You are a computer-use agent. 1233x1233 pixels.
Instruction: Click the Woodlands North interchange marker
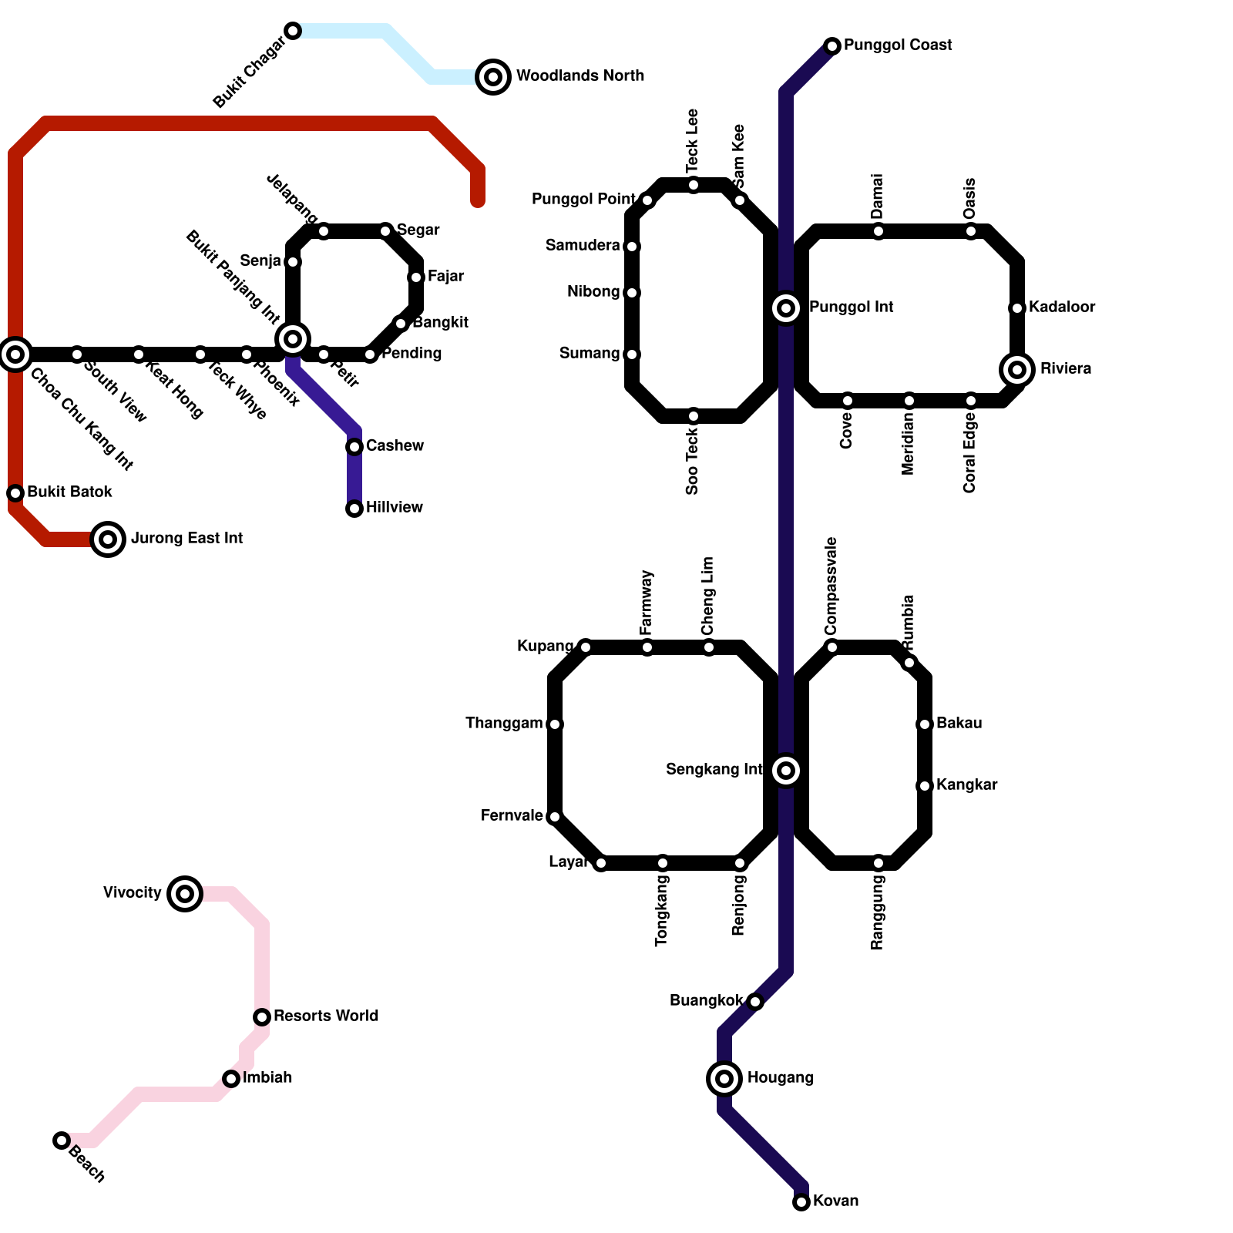493,76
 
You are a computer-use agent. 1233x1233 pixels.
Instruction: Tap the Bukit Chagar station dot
293,31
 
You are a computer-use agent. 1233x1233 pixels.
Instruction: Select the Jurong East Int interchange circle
108,539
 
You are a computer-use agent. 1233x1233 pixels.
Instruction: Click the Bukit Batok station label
70,492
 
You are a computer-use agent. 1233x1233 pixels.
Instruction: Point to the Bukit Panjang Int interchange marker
293,338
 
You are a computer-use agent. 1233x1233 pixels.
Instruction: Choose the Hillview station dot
354,509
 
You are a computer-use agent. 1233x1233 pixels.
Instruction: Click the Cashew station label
395,445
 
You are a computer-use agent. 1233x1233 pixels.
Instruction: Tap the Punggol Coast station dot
832,46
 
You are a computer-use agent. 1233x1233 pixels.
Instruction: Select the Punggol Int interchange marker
786,308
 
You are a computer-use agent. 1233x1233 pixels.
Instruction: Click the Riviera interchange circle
1017,370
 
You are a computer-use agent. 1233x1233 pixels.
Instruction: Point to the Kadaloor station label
1062,307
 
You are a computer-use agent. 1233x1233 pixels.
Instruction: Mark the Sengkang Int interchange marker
786,770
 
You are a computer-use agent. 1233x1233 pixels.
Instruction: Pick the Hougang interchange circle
724,1078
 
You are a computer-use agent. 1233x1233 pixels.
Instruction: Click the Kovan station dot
801,1202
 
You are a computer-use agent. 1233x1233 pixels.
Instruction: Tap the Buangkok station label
706,1000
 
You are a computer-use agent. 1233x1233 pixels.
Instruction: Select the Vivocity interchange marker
185,893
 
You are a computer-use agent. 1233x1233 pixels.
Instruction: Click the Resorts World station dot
262,1017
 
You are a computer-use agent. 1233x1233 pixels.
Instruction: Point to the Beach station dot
62,1141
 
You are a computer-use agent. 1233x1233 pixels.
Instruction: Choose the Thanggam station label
504,723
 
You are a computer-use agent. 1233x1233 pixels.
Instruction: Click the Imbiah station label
267,1077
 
